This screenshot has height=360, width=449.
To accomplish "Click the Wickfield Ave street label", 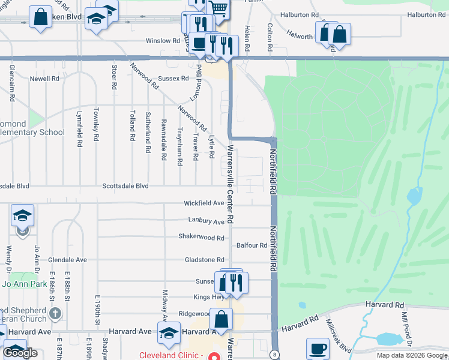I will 203,203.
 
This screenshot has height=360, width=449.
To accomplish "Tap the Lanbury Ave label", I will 206,221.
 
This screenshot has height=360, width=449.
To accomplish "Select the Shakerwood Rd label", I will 201,236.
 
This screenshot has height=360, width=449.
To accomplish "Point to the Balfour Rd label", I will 252,245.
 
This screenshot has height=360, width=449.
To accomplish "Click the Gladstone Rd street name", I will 204,260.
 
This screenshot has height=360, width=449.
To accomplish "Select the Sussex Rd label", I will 173,79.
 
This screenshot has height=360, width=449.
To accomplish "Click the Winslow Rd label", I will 163,41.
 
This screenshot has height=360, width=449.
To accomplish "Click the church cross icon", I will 55,313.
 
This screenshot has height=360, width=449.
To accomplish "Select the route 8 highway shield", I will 274,354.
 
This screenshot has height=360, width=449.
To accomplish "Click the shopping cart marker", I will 219,8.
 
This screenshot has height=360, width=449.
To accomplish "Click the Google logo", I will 21,353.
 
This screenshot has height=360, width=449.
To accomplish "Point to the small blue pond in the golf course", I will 414,196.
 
